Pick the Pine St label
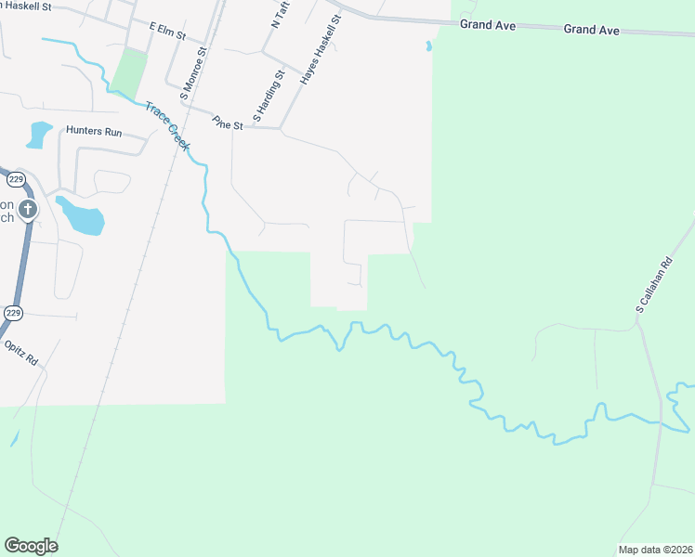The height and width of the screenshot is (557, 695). [226, 123]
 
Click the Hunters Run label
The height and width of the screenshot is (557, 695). [94, 133]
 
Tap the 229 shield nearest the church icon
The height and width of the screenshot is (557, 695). [15, 179]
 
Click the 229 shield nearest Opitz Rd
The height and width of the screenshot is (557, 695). [13, 313]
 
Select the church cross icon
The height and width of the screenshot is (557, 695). [27, 209]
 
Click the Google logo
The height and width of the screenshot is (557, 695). [31, 546]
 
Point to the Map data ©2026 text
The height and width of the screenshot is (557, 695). [655, 550]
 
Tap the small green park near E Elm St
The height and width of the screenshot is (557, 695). [129, 71]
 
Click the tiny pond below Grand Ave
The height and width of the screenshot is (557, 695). [428, 45]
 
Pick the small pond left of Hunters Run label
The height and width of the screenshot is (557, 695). [39, 135]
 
